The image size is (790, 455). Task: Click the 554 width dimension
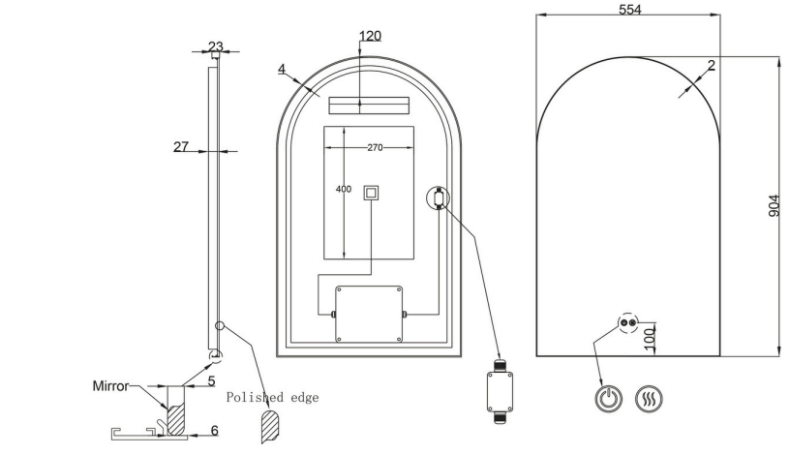click(630, 9)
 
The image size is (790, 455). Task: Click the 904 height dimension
click(774, 205)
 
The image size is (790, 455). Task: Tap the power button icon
click(609, 399)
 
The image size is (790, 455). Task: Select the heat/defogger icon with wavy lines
click(649, 399)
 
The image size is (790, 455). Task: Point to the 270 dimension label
click(375, 148)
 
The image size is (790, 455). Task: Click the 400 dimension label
click(344, 190)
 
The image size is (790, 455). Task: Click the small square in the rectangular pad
click(371, 193)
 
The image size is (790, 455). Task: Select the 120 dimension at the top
click(370, 36)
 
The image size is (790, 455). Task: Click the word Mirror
click(110, 386)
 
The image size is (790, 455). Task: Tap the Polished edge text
click(272, 398)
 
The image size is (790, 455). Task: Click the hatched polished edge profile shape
click(270, 426)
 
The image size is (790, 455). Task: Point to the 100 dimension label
click(650, 338)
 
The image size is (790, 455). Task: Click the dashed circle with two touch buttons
click(628, 322)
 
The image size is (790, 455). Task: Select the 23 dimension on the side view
click(216, 46)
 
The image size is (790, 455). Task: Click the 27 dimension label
click(181, 146)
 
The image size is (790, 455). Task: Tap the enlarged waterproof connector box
click(500, 391)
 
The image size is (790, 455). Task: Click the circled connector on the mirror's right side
click(439, 197)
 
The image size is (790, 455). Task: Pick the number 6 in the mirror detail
click(215, 430)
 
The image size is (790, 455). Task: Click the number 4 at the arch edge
click(282, 69)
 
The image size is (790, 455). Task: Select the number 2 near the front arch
click(712, 65)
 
